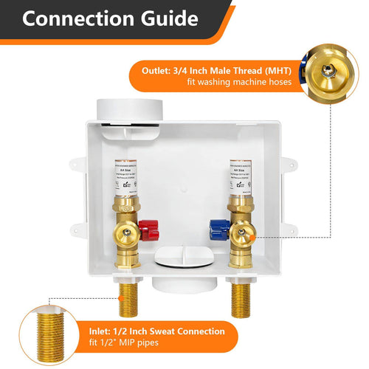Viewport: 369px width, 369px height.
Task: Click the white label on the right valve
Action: [241, 176]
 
